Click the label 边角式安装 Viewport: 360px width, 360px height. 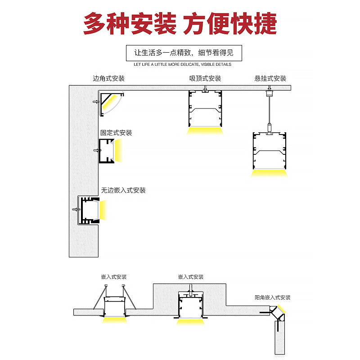coord(108,78)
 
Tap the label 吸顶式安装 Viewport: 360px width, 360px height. coord(205,78)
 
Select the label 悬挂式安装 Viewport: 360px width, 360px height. coord(270,78)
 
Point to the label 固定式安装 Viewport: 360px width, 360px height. coord(116,133)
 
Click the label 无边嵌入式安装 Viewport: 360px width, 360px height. coord(123,190)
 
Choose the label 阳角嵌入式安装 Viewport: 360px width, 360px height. coord(272,297)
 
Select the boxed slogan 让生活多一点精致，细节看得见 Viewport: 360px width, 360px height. coord(184,53)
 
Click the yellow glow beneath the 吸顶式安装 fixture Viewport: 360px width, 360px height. coord(206,130)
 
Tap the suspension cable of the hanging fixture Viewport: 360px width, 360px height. coord(270,110)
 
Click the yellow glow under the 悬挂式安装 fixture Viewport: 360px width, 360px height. coord(270,173)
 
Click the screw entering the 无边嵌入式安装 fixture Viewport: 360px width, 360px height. coord(75,209)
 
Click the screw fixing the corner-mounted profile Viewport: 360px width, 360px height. coord(95,102)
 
